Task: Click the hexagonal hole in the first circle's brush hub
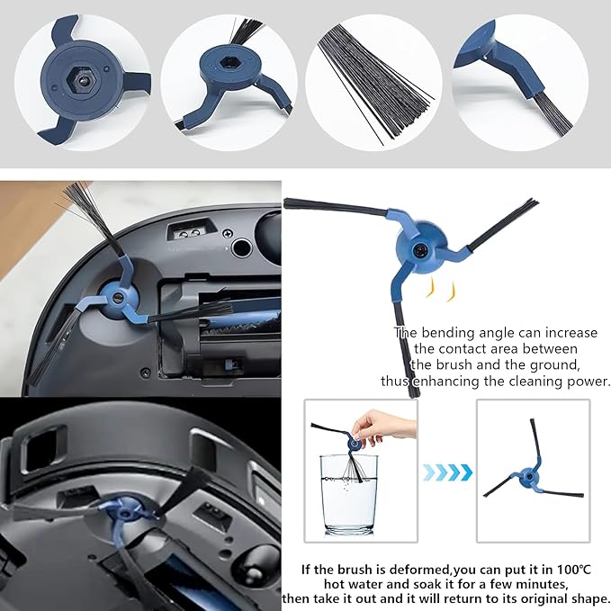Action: point(81,79)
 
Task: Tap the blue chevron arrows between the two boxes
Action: point(446,471)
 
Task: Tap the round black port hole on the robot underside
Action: point(239,247)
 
